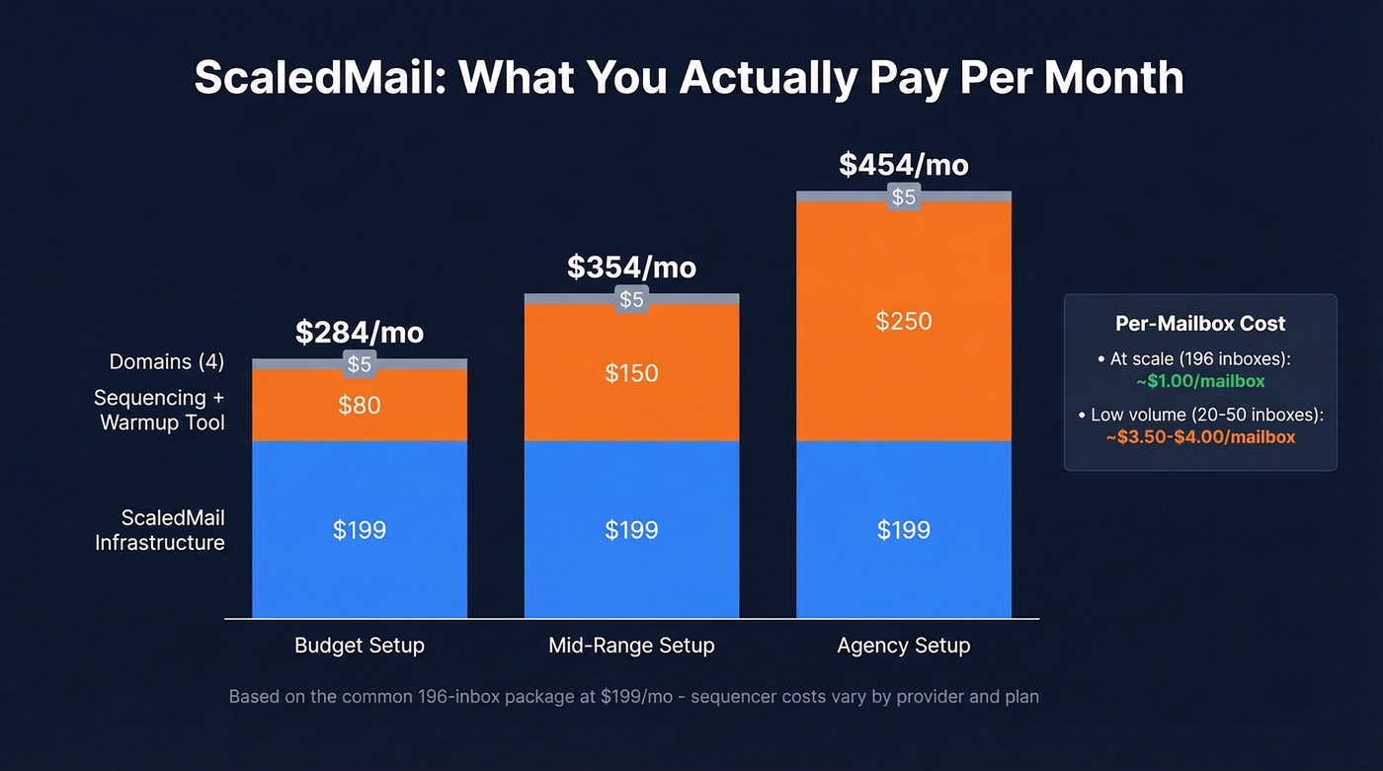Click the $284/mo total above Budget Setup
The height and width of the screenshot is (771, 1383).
point(360,333)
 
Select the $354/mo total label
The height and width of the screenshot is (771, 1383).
point(631,268)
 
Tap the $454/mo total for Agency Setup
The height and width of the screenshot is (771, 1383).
point(903,165)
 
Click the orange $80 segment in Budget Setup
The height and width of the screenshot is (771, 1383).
point(360,405)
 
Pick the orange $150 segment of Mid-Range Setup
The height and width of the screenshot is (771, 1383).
point(631,372)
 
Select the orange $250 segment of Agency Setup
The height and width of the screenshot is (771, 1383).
point(903,321)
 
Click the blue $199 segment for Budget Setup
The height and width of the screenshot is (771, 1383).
point(360,530)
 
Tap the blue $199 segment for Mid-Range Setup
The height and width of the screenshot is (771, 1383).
point(631,530)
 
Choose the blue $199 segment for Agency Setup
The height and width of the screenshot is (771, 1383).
point(903,530)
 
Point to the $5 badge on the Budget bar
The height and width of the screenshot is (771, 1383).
point(360,364)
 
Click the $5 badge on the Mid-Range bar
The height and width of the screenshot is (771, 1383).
point(631,299)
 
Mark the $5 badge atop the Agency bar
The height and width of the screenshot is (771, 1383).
point(903,197)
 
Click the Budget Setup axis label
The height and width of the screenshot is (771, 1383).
point(360,646)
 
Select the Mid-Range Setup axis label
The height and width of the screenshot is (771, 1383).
point(631,646)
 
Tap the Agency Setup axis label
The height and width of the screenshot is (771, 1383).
point(903,646)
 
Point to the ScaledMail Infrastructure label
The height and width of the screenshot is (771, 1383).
point(160,530)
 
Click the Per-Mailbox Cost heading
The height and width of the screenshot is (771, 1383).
point(1200,324)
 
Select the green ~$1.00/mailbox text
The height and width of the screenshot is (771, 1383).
point(1200,381)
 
